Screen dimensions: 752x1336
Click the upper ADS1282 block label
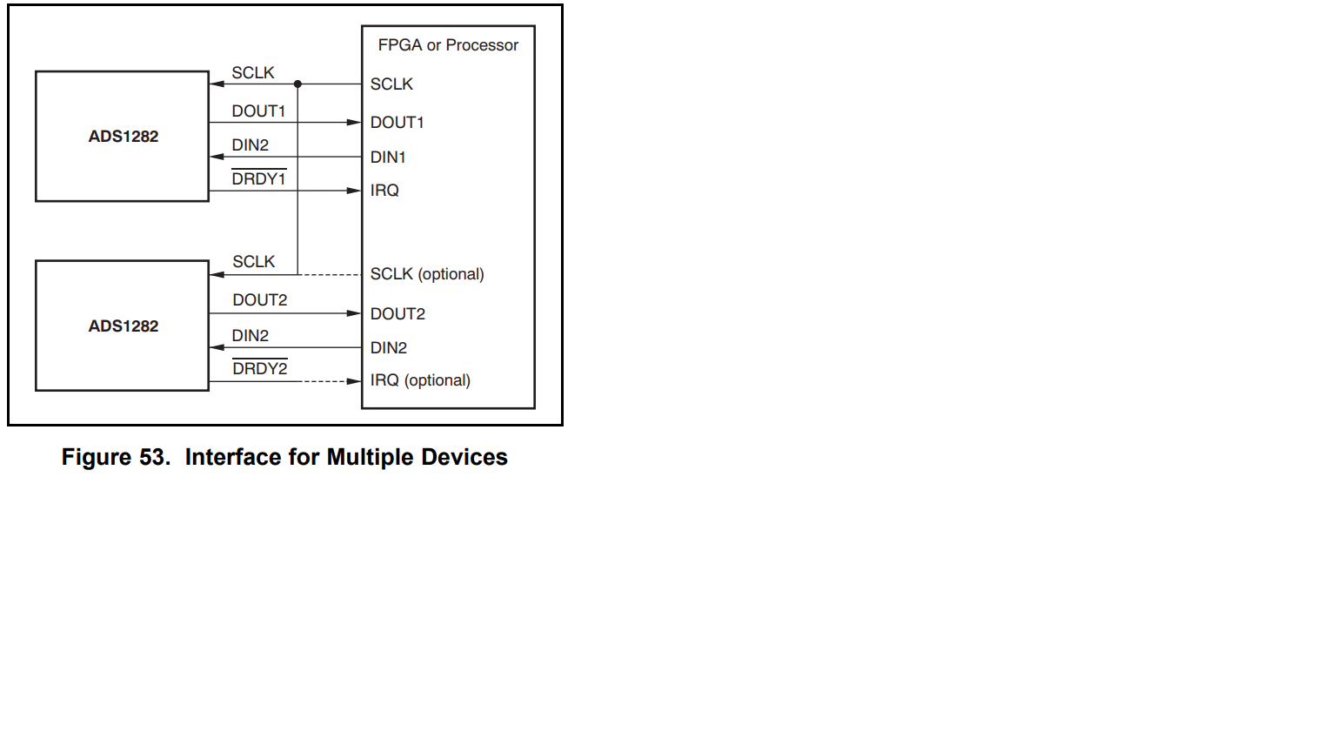124,137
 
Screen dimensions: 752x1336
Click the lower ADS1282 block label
124,326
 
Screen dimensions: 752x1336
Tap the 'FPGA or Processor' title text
448,45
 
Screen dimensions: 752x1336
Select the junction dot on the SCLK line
297,84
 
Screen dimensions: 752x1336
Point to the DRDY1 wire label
258,179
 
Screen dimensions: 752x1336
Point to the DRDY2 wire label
259,369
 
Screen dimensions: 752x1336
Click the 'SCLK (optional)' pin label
426,274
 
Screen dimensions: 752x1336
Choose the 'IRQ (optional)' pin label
420,380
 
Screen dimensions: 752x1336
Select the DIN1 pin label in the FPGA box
388,158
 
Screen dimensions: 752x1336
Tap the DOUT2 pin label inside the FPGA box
397,314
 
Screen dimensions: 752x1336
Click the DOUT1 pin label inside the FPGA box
397,123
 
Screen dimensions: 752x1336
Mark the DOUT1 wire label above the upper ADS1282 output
258,111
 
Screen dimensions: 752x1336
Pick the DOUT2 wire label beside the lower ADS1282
259,300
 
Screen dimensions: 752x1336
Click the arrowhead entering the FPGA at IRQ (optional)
354,381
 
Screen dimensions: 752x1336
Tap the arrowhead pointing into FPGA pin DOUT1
354,123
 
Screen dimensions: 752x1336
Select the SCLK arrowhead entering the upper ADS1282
217,84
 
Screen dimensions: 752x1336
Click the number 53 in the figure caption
152,458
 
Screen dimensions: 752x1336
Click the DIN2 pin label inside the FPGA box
388,348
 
